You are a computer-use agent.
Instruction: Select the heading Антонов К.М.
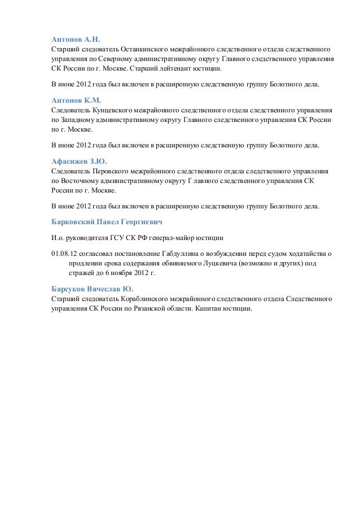point(76,101)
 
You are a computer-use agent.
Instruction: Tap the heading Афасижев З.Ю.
point(78,161)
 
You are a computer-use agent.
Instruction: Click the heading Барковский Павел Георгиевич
point(107,221)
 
